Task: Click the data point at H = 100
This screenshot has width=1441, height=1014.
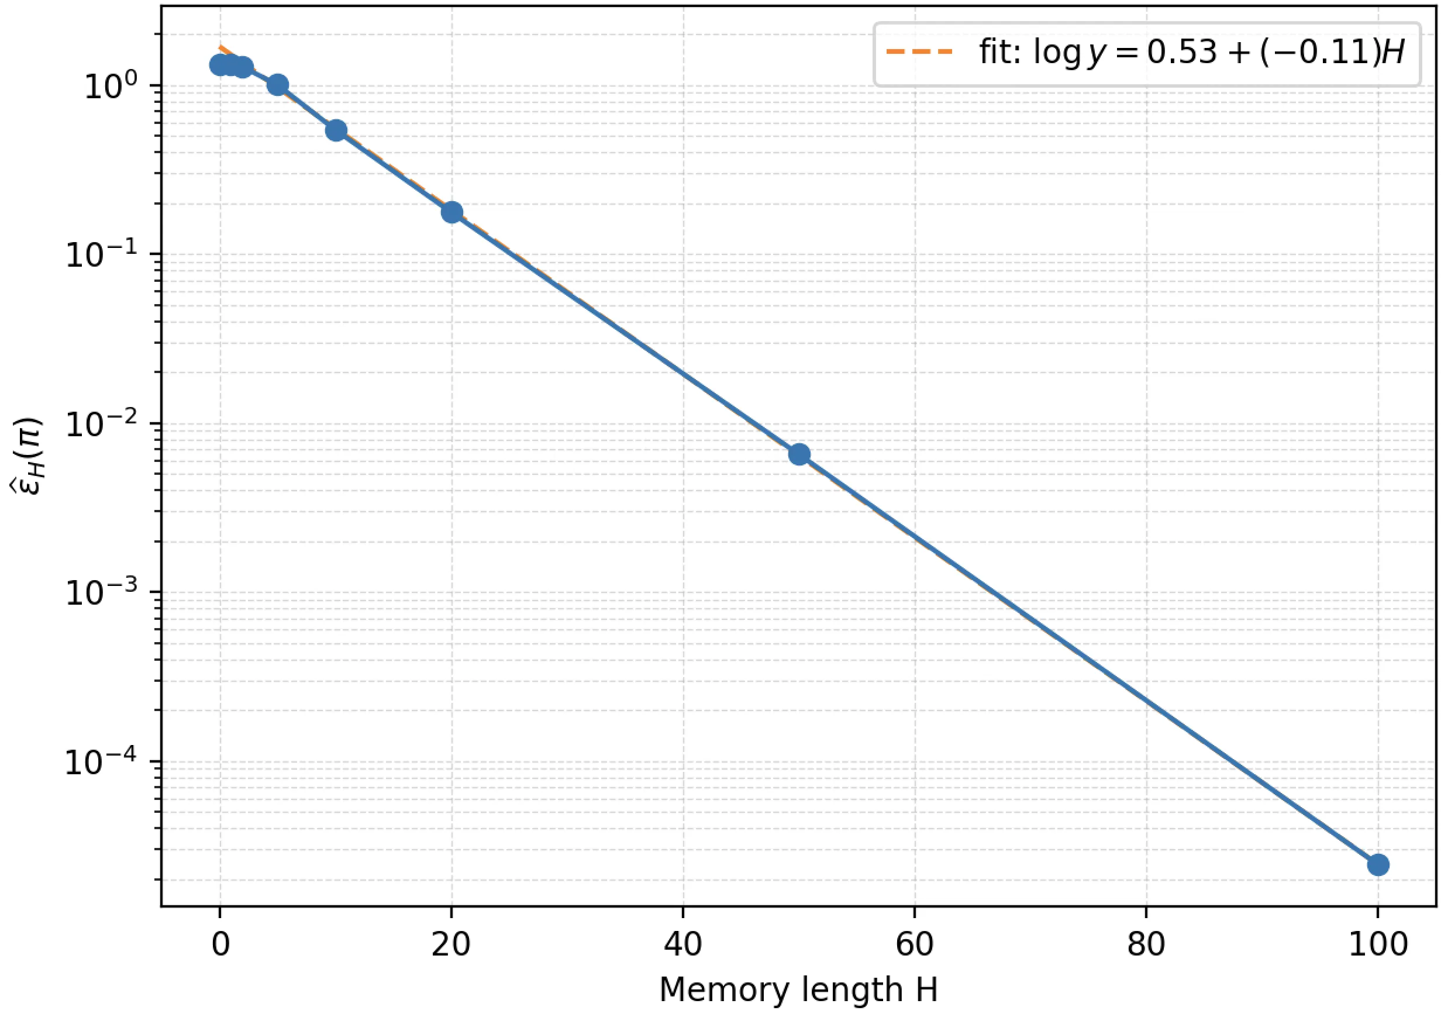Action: [x=1378, y=865]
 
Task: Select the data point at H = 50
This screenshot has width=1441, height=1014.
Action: [x=799, y=454]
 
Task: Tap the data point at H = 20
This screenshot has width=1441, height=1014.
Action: [x=452, y=212]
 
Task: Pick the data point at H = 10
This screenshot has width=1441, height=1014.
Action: [x=336, y=130]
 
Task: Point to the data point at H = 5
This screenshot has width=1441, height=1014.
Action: [x=278, y=85]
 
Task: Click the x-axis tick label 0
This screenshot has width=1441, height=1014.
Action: [x=220, y=944]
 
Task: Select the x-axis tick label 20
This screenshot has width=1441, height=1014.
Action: [x=451, y=944]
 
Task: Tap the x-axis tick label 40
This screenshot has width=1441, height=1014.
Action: [x=683, y=944]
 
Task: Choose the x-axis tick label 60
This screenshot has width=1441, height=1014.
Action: [x=915, y=944]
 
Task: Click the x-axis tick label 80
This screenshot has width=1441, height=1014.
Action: [x=1146, y=944]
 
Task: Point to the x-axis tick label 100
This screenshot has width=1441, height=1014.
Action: [x=1378, y=944]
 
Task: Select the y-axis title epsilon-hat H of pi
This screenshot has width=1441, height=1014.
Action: [x=28, y=464]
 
